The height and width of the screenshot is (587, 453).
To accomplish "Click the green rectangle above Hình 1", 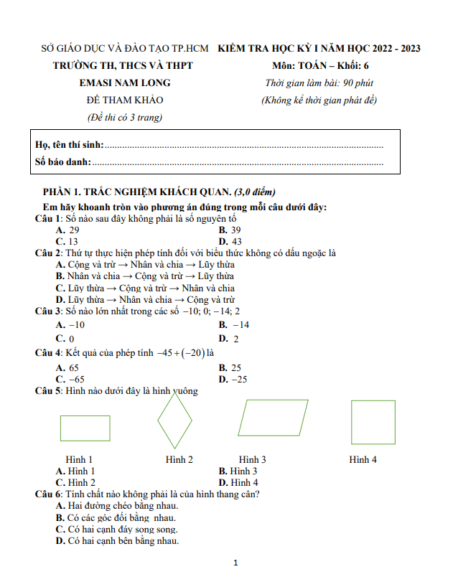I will [x=85, y=428].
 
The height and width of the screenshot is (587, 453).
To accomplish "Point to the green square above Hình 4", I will [x=373, y=422].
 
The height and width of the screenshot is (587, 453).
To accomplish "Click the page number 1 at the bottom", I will [x=235, y=563].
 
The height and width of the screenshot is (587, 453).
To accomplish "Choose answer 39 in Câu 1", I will [x=235, y=230].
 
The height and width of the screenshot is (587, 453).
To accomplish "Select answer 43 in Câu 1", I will [x=235, y=242].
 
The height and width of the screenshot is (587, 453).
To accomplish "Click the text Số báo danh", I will [x=63, y=161].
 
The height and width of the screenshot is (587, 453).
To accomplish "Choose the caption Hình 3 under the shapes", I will [x=253, y=459].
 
